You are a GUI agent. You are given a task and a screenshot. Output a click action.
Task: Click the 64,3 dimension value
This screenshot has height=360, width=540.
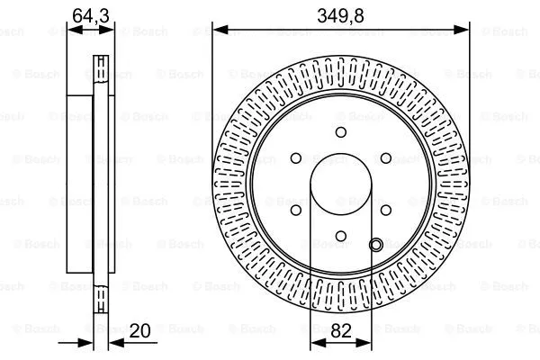pyautogui.click(x=92, y=13)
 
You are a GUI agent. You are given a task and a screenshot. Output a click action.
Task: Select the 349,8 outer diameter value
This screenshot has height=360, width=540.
pyautogui.click(x=341, y=13)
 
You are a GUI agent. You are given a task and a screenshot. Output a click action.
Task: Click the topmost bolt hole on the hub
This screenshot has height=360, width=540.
pyautogui.click(x=341, y=132)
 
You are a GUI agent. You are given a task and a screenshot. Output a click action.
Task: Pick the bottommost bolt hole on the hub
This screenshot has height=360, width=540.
pyautogui.click(x=341, y=238)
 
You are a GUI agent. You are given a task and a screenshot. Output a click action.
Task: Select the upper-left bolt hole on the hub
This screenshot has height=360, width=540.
pyautogui.click(x=295, y=158)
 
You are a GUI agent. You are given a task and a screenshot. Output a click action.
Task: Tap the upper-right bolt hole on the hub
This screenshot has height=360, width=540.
pyautogui.click(x=386, y=158)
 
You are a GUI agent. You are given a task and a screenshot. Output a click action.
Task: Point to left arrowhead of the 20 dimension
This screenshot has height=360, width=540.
pyautogui.click(x=88, y=344)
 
